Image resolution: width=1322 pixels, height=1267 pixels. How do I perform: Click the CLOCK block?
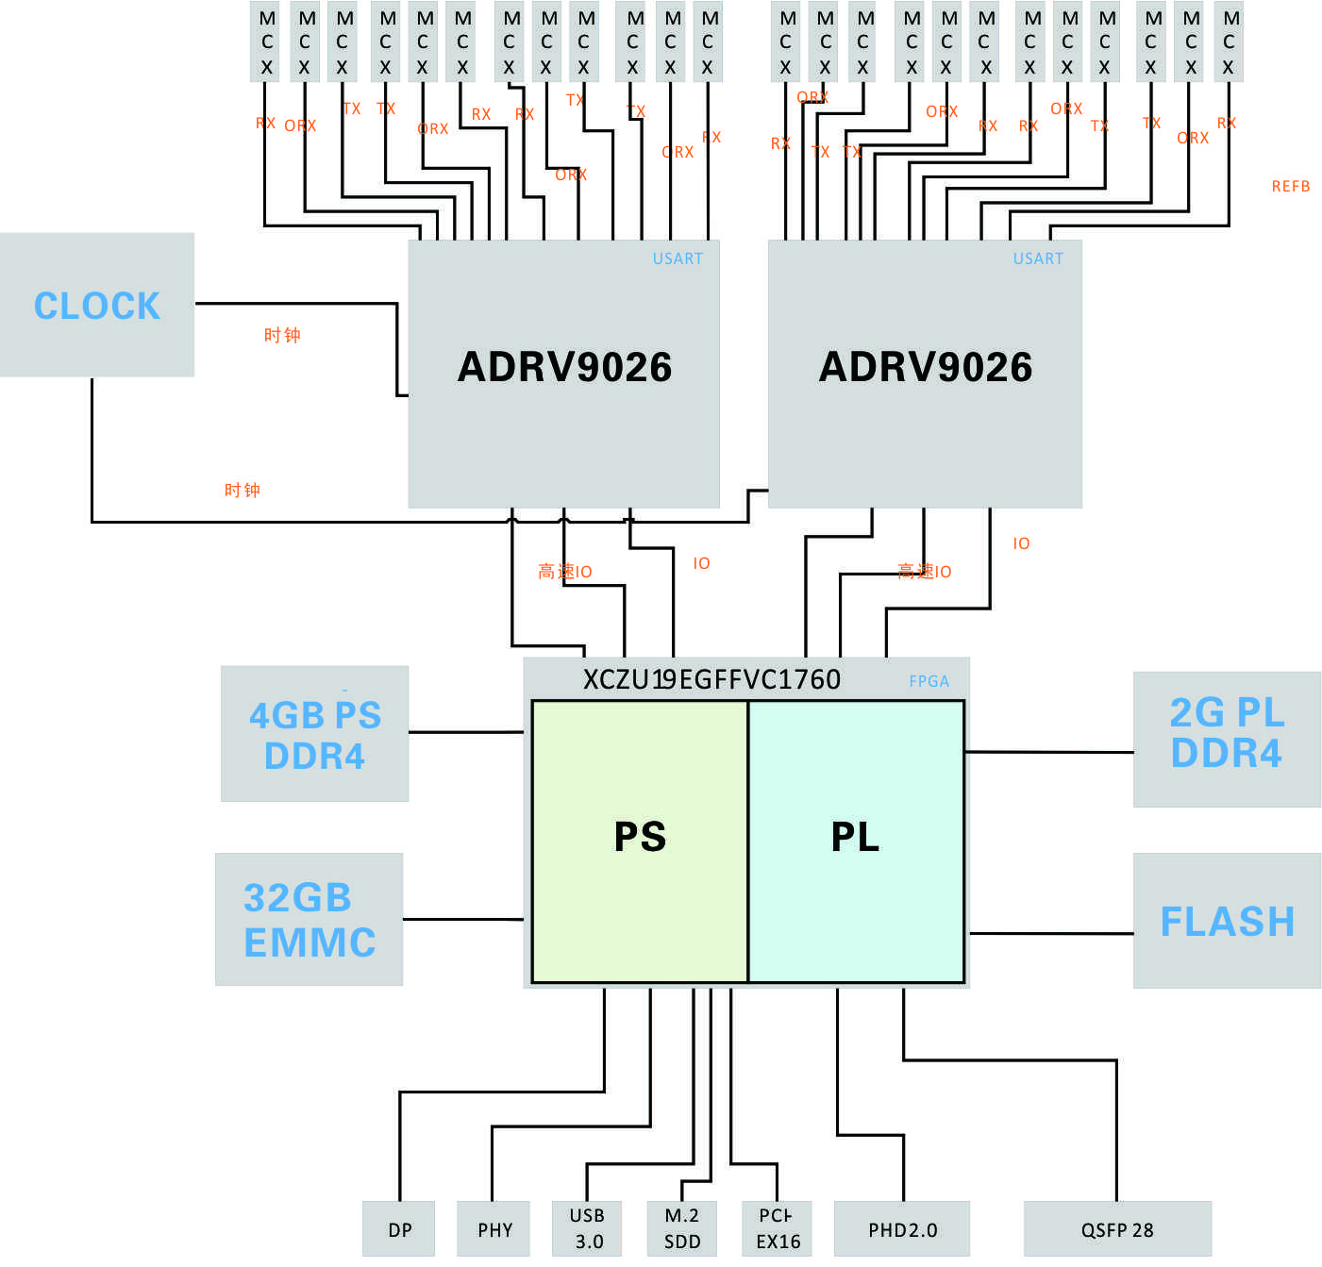97,305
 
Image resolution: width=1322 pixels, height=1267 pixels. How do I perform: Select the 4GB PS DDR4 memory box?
314,734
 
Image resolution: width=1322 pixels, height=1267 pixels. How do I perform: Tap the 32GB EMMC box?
309,920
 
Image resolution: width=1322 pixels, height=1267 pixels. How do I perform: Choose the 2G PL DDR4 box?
1227,739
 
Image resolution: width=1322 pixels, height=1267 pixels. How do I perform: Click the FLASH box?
1227,921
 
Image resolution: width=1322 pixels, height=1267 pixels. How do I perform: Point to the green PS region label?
640,838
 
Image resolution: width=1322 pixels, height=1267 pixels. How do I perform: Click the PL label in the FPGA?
855,838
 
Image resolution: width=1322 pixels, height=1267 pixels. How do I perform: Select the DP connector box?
399,1229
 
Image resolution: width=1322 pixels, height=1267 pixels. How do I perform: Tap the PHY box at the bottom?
494,1229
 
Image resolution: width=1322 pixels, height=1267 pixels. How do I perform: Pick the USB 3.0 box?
588,1228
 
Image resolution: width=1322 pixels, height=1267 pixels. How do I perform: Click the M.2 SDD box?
682,1228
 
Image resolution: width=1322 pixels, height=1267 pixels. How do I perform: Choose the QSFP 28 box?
1117,1229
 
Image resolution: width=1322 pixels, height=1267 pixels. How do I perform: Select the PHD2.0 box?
902,1229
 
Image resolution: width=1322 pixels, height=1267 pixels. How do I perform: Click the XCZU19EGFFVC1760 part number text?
711,679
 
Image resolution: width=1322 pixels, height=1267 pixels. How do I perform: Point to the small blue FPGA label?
929,681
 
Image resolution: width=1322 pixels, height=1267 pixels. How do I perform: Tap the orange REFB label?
1290,187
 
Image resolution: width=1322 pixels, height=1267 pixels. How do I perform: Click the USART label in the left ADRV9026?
678,258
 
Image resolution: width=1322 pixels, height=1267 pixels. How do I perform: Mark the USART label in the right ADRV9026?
1038,258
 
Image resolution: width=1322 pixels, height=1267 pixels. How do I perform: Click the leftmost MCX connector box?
267,42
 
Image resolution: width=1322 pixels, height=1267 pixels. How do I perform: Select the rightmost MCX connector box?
1230,42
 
